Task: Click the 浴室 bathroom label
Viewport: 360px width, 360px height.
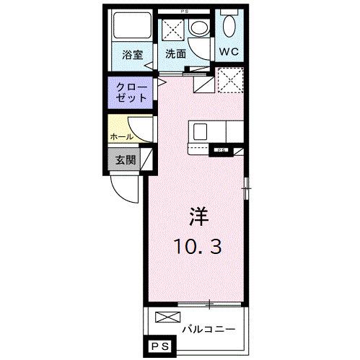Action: [131, 54]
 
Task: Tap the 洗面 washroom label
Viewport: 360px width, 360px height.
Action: [175, 54]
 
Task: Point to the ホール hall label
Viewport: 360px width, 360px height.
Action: [120, 136]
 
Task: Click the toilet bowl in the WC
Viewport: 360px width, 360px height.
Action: [230, 27]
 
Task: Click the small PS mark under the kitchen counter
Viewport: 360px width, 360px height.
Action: [219, 150]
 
